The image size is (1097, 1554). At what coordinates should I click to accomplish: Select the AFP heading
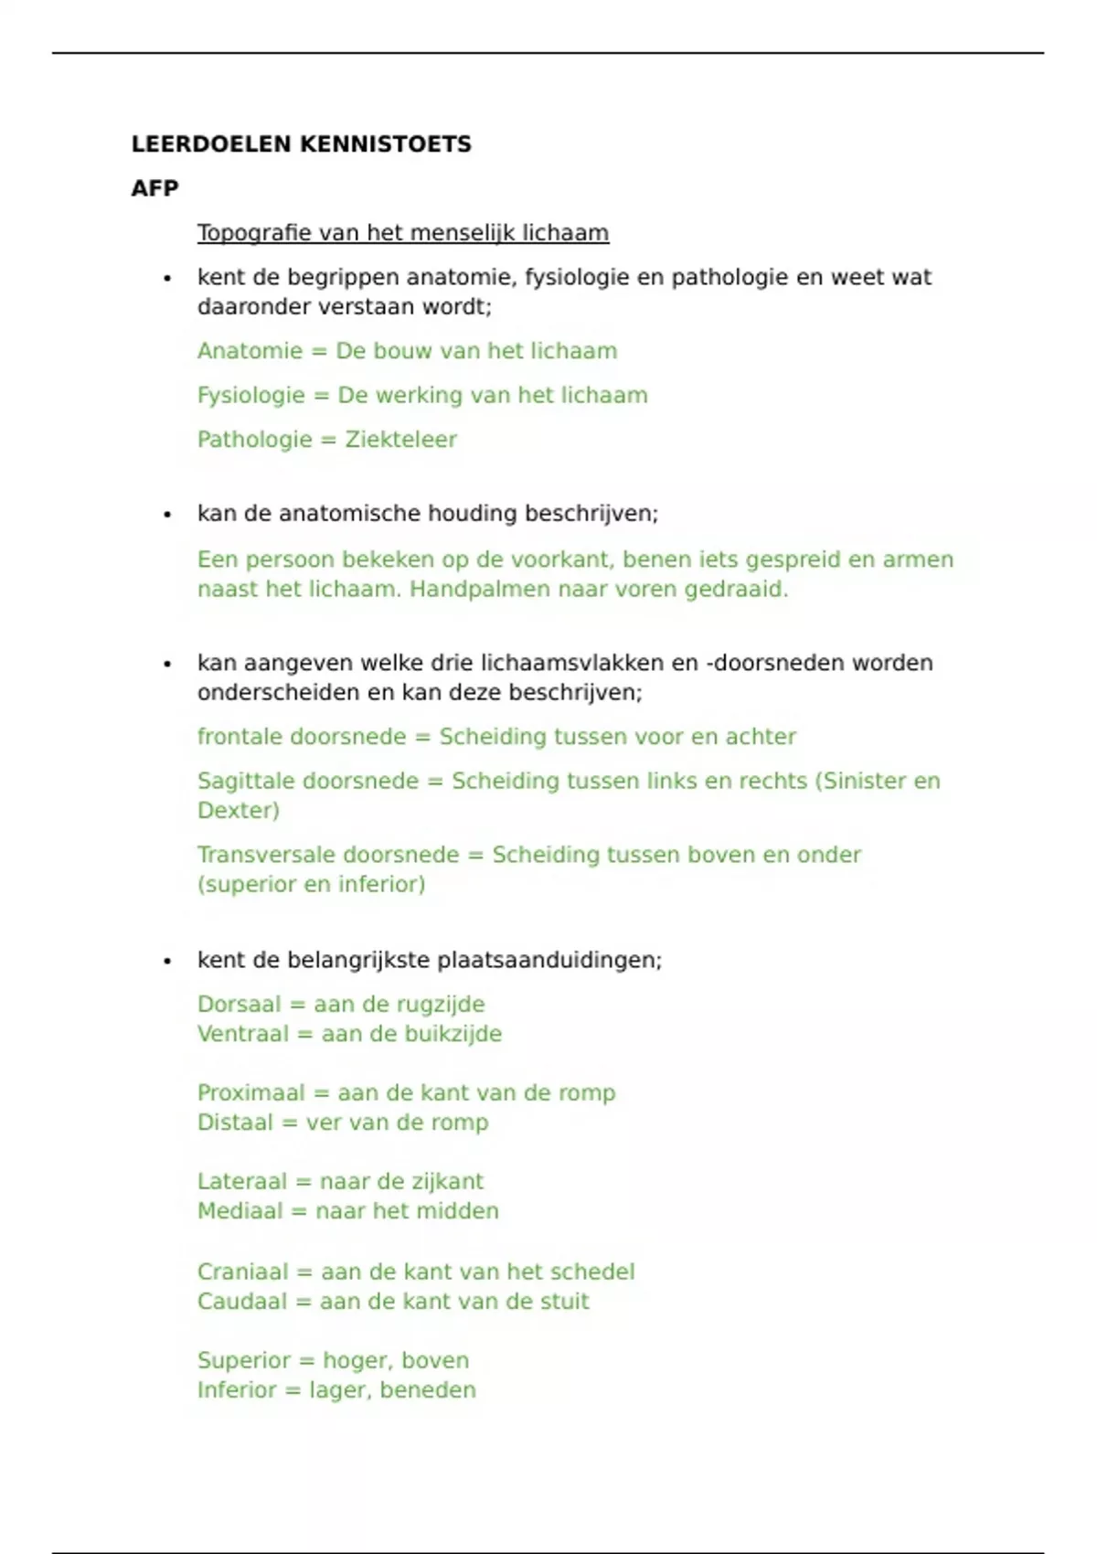tap(154, 188)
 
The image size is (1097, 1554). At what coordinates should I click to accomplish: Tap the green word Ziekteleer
tap(400, 440)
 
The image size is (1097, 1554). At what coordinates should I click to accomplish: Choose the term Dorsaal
tap(240, 1005)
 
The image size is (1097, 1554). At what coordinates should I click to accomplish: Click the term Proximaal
tap(251, 1093)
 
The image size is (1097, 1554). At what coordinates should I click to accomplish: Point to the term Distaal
tap(235, 1123)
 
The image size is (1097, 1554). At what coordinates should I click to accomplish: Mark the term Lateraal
tap(242, 1182)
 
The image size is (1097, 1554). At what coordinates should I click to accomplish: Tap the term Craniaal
tap(242, 1272)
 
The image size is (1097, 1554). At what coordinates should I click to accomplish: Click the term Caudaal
tap(242, 1302)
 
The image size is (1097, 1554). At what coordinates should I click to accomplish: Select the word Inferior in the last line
tap(237, 1390)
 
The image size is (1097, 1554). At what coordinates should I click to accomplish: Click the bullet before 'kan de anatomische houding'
tap(167, 515)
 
